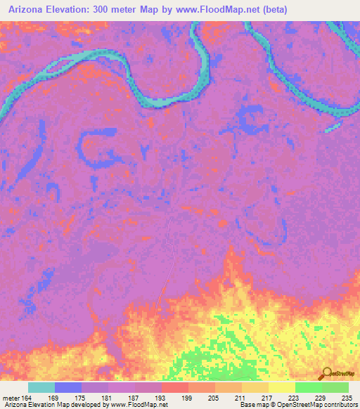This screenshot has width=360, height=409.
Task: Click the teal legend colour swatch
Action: [41, 387]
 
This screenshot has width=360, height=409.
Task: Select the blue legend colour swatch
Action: [68, 387]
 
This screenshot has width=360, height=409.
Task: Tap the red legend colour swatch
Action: [174, 387]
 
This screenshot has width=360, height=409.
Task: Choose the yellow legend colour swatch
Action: [281, 387]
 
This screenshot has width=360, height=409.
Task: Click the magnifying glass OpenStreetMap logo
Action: [326, 375]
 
